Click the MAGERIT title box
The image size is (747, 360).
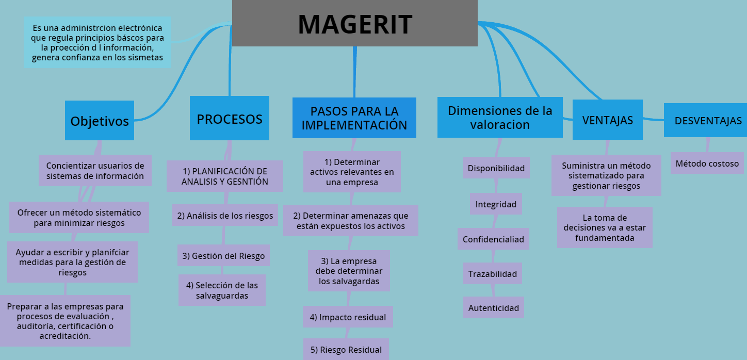click(x=355, y=24)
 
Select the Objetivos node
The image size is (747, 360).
click(x=100, y=121)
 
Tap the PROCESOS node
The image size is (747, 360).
click(x=230, y=119)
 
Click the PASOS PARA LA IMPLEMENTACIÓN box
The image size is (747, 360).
click(x=354, y=118)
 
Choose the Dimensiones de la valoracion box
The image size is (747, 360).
click(x=500, y=118)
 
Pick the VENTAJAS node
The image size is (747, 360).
click(x=608, y=120)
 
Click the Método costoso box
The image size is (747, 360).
click(x=707, y=163)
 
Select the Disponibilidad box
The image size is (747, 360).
click(x=496, y=168)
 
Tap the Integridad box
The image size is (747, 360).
click(x=496, y=204)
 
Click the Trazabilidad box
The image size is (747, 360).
click(x=493, y=274)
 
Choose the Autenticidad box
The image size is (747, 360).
click(x=494, y=308)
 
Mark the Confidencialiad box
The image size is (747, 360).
click(x=493, y=239)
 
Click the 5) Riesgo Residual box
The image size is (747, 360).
click(x=346, y=350)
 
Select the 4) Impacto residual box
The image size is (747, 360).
click(x=348, y=317)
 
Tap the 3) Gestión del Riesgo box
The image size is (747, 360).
click(x=224, y=256)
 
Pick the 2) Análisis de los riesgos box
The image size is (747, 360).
click(x=225, y=216)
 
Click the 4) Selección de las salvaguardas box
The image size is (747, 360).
click(x=222, y=290)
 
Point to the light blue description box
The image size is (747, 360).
click(x=98, y=42)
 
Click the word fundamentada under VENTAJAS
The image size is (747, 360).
click(x=605, y=238)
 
